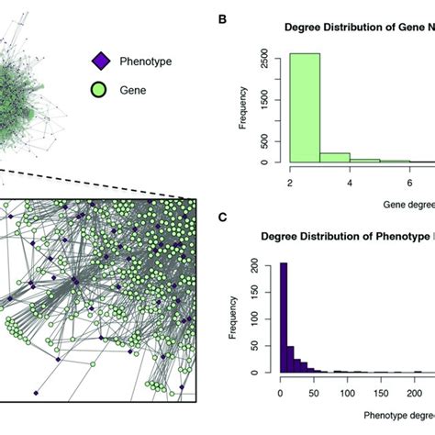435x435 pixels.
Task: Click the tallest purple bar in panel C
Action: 284,318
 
